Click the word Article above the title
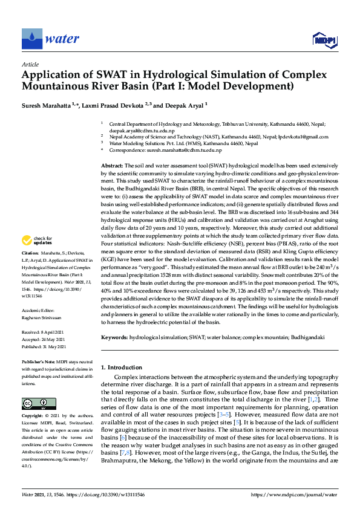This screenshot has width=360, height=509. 30,63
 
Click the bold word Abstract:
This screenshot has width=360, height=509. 112,165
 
